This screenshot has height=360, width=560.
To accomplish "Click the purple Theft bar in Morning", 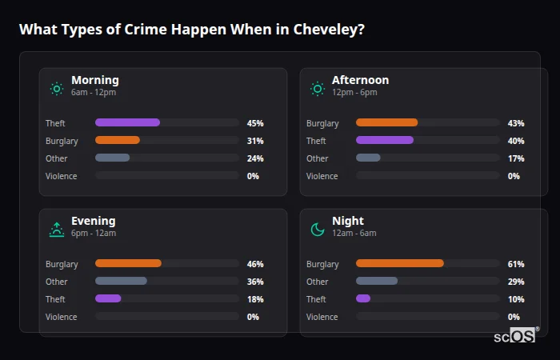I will click(x=127, y=122).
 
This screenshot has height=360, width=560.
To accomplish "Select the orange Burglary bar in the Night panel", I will click(x=399, y=263).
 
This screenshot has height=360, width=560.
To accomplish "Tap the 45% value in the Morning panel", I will click(x=255, y=123).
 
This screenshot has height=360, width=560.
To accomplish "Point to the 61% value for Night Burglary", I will click(x=516, y=264).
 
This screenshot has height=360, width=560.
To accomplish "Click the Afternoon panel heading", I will click(x=360, y=80).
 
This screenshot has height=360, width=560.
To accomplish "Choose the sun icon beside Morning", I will click(x=56, y=89).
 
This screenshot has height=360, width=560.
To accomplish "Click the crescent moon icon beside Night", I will click(x=318, y=230).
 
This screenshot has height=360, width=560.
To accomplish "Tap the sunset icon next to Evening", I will click(x=56, y=230).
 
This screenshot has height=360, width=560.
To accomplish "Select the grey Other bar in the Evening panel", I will click(x=121, y=281).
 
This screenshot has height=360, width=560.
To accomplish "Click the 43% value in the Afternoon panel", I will click(x=516, y=123).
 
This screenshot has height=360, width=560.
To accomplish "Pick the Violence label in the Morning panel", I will click(x=62, y=176).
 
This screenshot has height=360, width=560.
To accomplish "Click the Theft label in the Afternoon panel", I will click(x=316, y=141).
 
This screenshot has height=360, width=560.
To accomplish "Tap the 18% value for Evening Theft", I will click(x=255, y=299).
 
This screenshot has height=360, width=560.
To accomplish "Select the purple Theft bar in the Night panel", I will click(x=363, y=298).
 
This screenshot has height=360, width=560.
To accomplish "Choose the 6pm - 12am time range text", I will click(x=94, y=233).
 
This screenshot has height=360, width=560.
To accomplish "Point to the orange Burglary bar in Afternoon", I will click(x=386, y=122).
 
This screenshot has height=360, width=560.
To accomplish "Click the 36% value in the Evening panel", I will click(x=255, y=282).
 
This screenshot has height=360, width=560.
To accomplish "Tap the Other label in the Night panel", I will click(x=318, y=282).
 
